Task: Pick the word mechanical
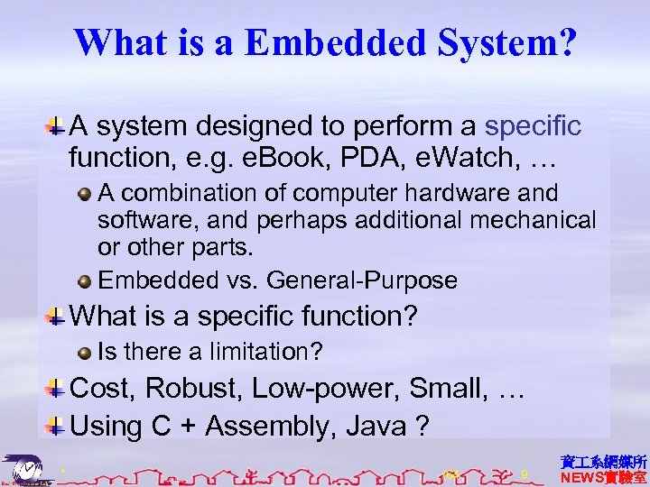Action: click(x=532, y=219)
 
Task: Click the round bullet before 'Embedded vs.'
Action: click(x=85, y=280)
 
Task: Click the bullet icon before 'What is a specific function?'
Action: click(x=56, y=317)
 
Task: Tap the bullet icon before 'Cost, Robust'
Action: click(x=56, y=389)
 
